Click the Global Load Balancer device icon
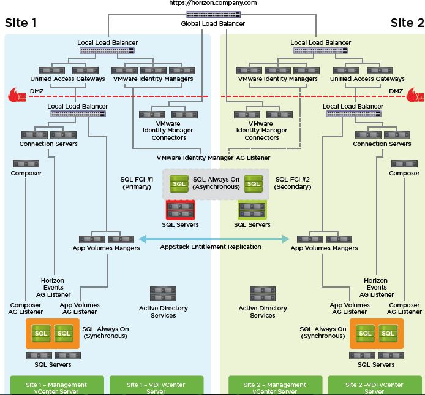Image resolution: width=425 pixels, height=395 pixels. tap(212, 14)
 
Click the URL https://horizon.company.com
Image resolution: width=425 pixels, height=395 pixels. tap(212, 3)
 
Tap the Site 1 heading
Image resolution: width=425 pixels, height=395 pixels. tap(21, 23)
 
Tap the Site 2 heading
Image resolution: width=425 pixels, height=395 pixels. tap(407, 23)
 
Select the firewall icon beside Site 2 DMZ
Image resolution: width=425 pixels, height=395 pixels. tap(413, 94)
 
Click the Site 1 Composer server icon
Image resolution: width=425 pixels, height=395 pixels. tap(26, 164)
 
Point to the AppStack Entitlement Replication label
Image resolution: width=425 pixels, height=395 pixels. tap(211, 247)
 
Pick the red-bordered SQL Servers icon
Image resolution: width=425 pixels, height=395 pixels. tap(180, 210)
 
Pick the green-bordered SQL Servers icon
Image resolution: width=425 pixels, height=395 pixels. tap(252, 210)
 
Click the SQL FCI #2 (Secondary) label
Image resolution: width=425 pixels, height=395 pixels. tap(293, 183)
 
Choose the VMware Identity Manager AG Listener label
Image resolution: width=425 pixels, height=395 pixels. tap(213, 158)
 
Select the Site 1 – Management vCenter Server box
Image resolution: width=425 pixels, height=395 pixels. tap(56, 387)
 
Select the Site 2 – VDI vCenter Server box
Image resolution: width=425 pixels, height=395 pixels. tap(374, 387)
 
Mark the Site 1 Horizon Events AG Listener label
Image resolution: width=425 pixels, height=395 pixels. tap(53, 288)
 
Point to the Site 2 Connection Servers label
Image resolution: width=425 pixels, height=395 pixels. tap(382, 144)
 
